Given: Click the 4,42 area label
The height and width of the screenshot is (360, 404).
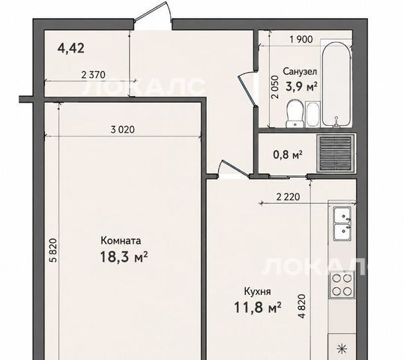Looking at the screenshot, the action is click(71, 48).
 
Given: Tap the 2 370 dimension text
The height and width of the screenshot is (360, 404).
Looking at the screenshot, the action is click(93, 75).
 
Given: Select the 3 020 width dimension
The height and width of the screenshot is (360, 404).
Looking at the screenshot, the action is click(123, 129).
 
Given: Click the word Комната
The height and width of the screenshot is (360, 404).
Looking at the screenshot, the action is click(121, 241).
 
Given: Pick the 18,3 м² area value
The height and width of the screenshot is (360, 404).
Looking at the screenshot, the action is click(124, 256).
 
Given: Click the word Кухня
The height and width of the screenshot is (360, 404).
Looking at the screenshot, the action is click(257, 292).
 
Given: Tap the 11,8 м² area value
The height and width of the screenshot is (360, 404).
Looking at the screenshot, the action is click(257, 307).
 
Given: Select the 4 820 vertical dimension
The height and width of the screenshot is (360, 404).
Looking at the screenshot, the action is click(301, 306).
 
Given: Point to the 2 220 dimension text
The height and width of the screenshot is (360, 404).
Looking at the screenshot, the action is click(288, 197).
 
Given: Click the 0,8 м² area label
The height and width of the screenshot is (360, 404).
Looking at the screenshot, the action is click(288, 154).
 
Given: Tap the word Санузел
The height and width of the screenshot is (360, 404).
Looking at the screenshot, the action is click(300, 71).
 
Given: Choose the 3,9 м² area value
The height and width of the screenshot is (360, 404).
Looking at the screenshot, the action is click(301, 87).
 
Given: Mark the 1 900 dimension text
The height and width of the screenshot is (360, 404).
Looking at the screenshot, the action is click(301, 39).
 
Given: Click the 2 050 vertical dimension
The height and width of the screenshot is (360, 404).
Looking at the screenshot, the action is click(275, 87).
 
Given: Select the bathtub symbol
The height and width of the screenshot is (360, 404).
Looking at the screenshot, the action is click(336, 84).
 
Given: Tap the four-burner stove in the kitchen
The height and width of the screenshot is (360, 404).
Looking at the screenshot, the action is click(342, 284).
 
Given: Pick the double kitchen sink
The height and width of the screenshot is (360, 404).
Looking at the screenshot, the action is click(342, 223).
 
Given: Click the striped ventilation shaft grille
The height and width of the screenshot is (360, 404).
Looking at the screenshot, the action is click(335, 154).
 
